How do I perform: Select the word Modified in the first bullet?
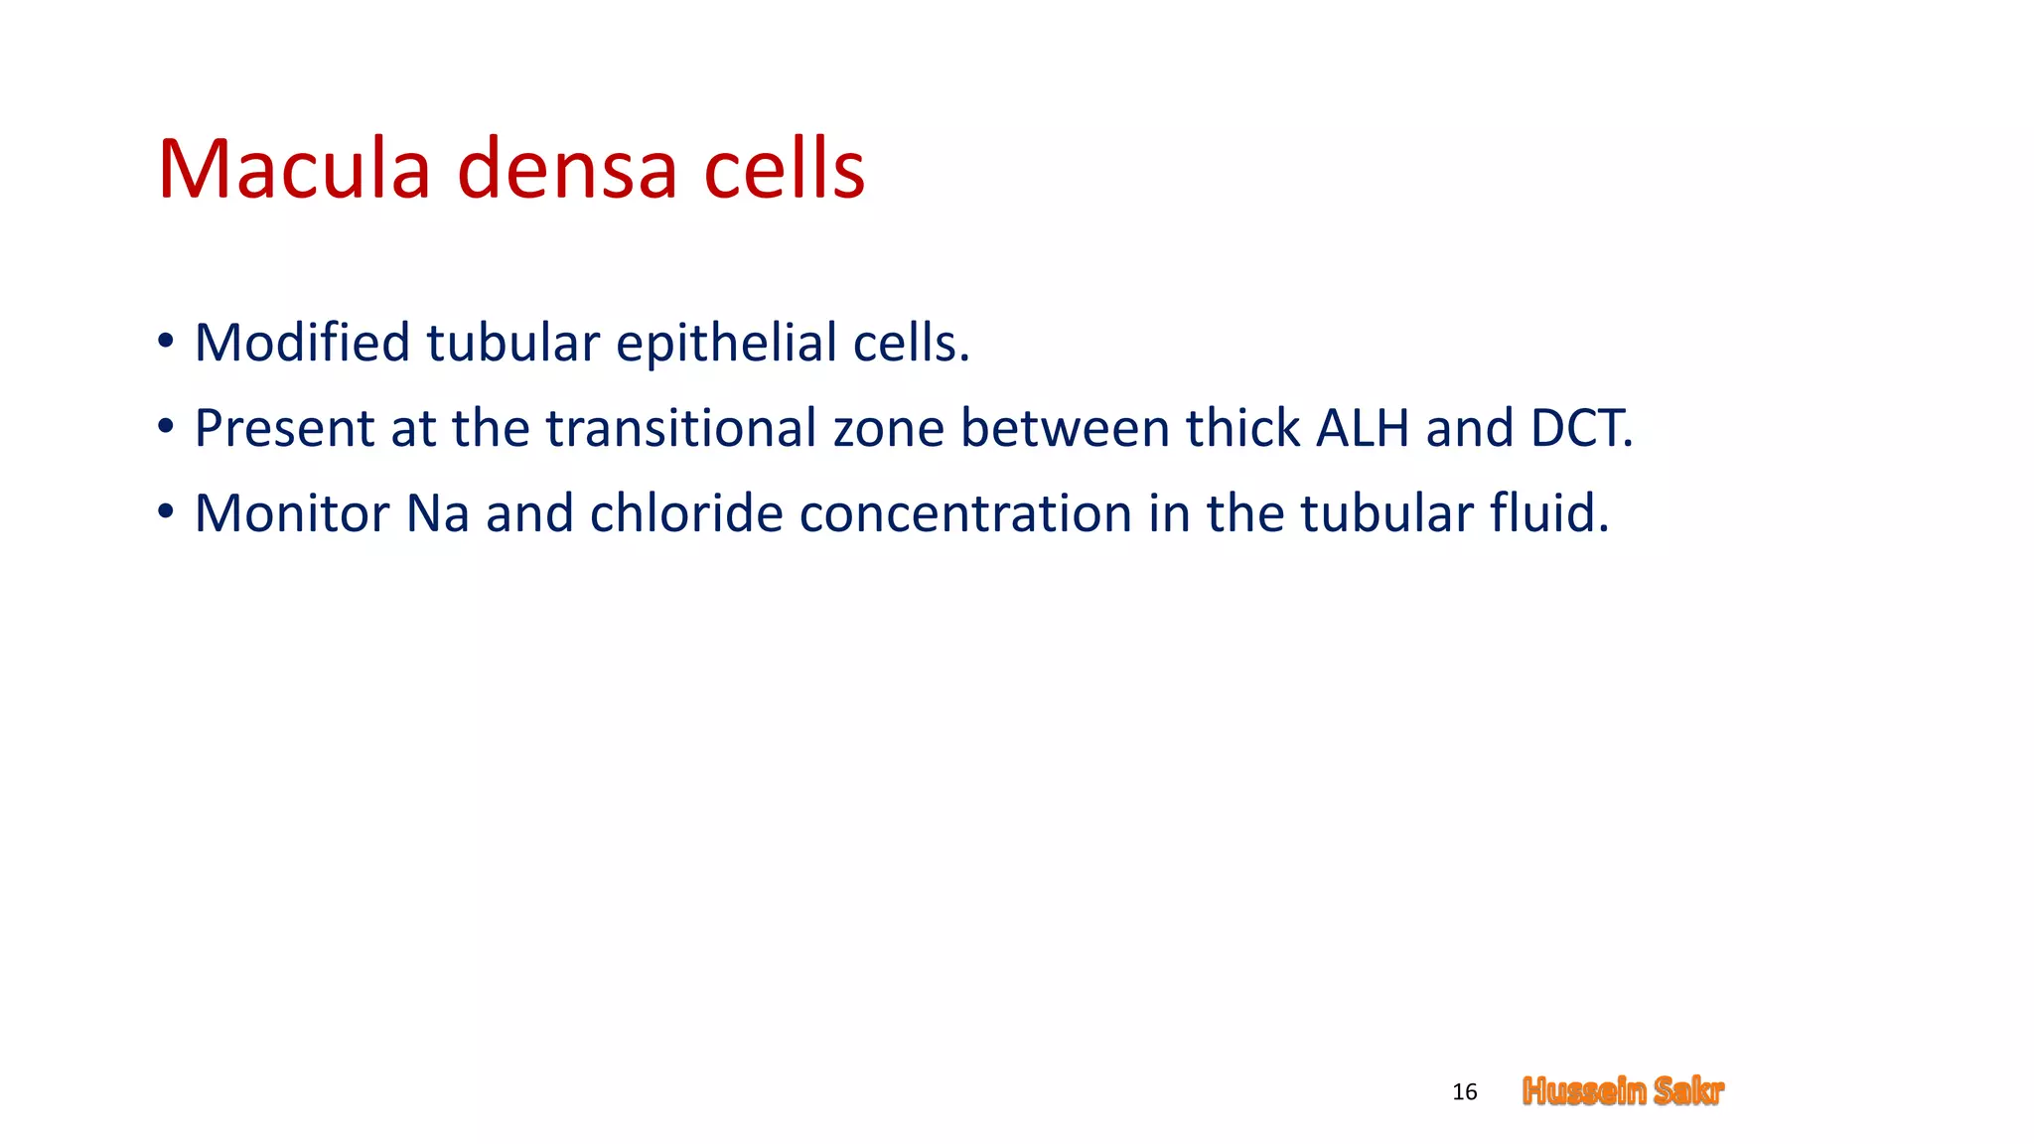(x=302, y=343)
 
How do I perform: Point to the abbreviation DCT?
(x=1579, y=428)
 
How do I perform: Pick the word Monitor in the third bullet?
(x=291, y=513)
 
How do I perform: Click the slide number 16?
(x=1464, y=1092)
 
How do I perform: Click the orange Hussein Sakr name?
(x=1623, y=1091)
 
